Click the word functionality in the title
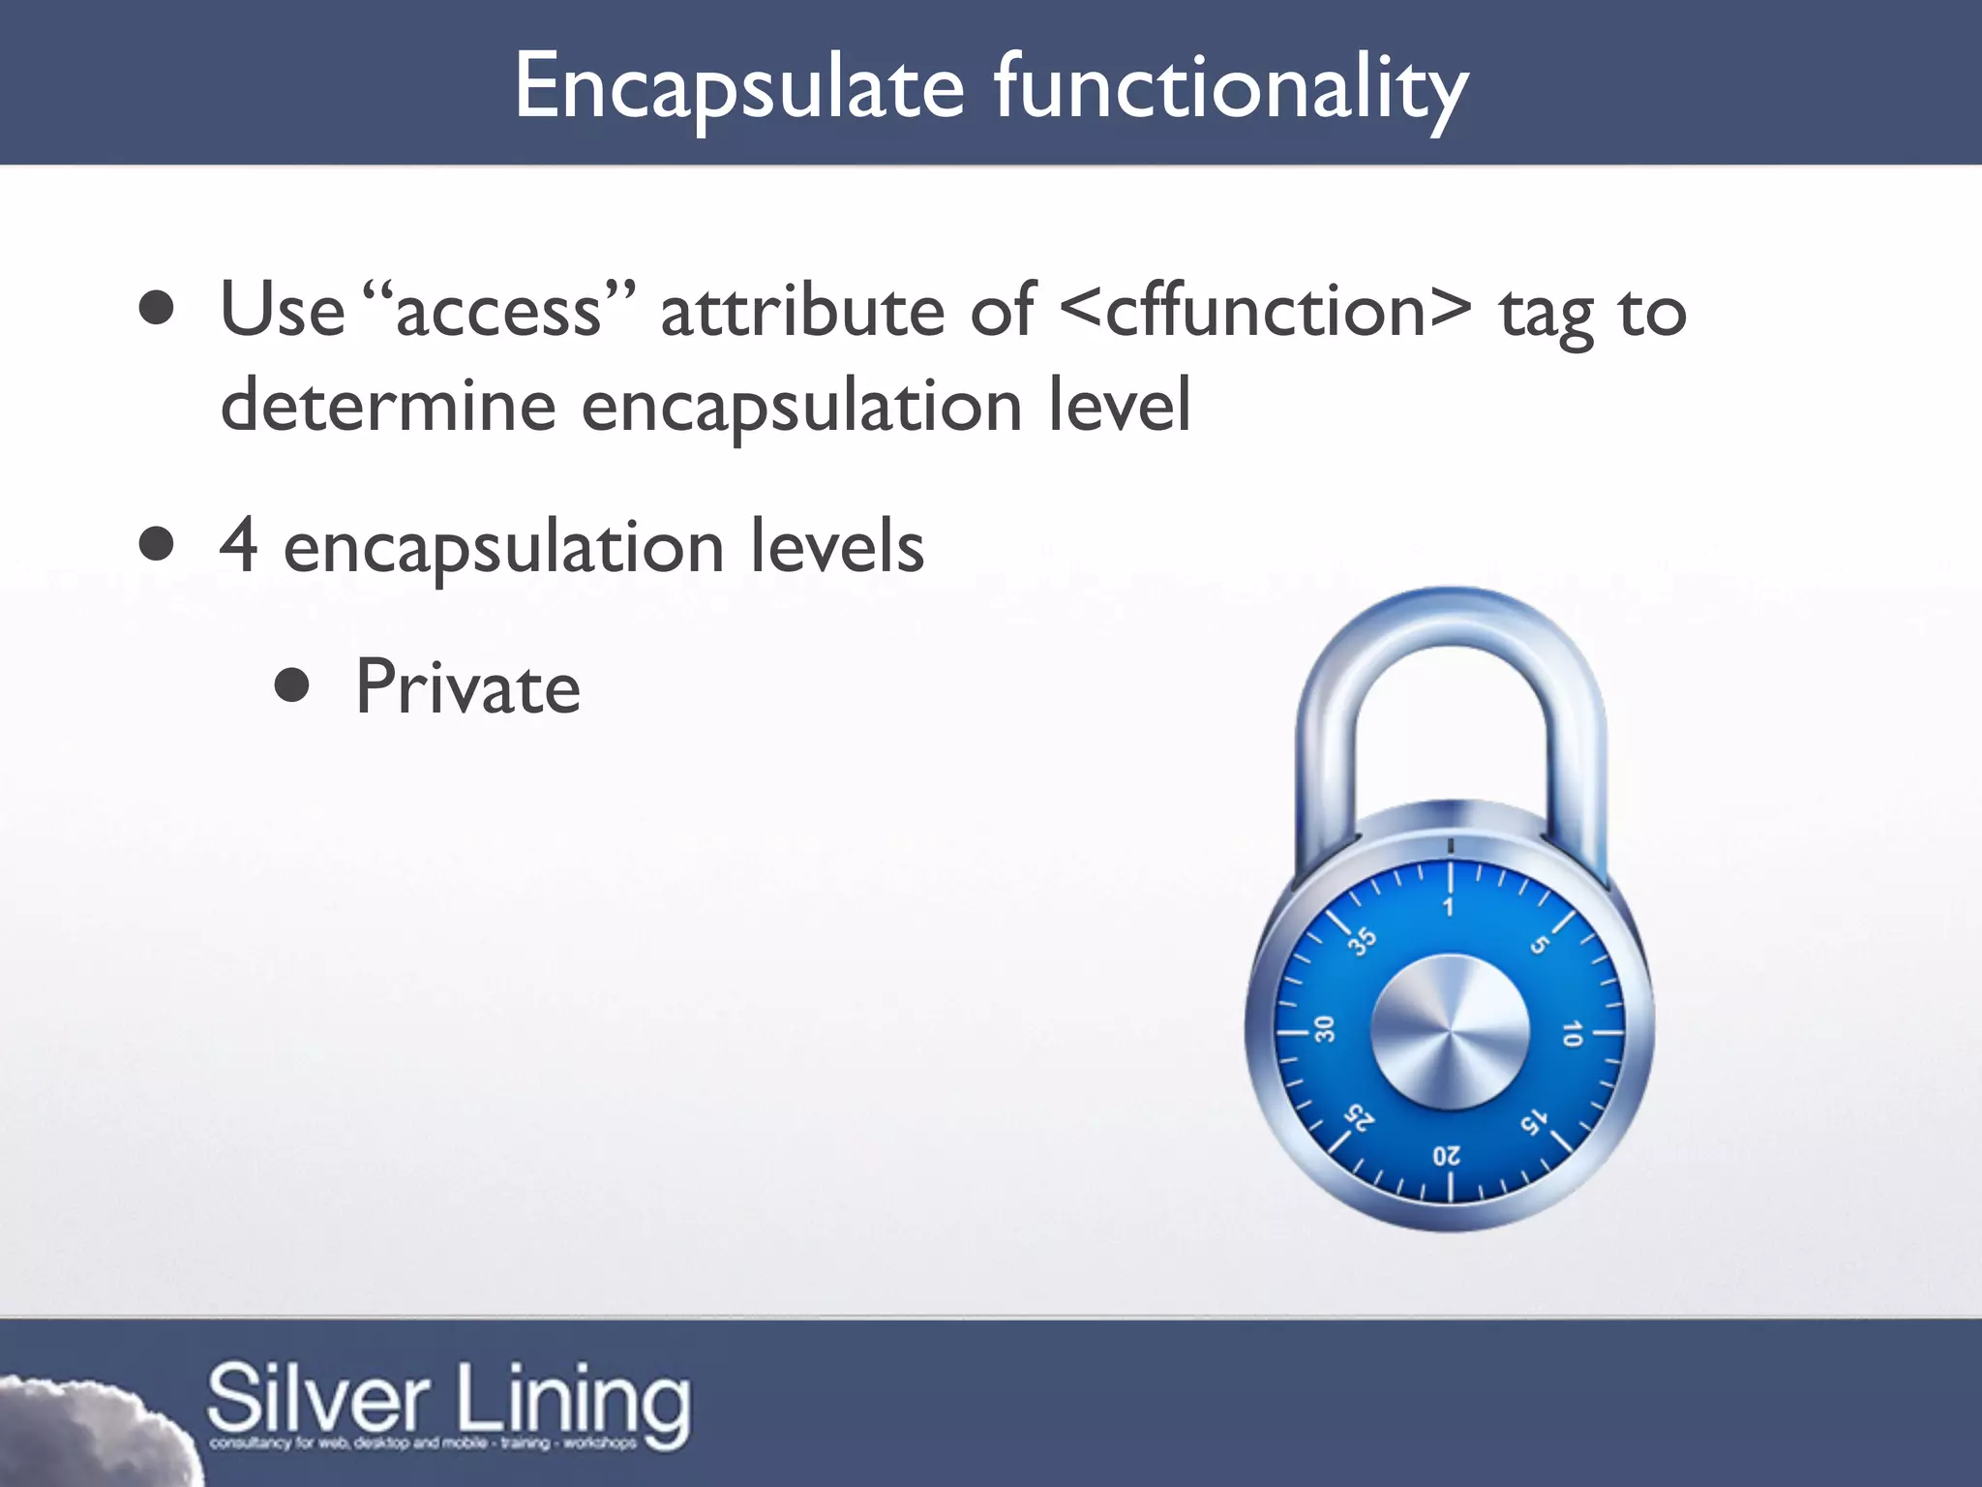1231,89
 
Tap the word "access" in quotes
499,312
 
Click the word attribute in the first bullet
801,312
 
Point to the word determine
387,405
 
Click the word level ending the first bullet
1120,405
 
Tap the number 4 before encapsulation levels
238,545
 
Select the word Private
467,687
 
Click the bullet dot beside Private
291,686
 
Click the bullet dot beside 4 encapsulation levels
156,544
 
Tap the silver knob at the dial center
1450,1032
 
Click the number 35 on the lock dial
1363,940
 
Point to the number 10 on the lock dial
1572,1033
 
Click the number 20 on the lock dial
1447,1156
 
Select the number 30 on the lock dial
1325,1029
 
